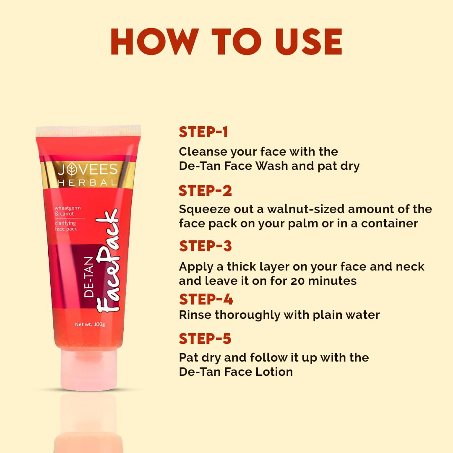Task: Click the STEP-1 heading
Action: click(x=203, y=132)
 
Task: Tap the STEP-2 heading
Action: click(x=205, y=191)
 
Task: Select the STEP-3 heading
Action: click(x=205, y=246)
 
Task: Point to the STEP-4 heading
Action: click(x=206, y=299)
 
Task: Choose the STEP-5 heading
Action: click(x=205, y=338)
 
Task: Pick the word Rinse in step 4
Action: click(x=195, y=315)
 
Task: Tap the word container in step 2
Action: click(x=389, y=223)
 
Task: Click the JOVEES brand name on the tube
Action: click(x=88, y=169)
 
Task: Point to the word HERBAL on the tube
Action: click(x=88, y=182)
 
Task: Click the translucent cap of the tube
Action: click(x=89, y=369)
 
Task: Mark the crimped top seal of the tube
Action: click(x=88, y=130)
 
